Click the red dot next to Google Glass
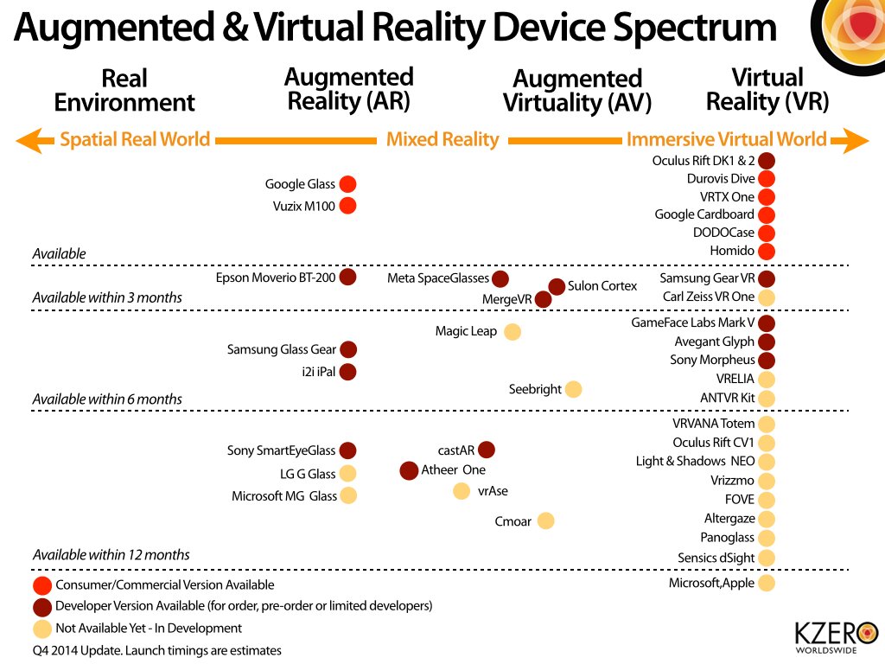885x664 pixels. [347, 184]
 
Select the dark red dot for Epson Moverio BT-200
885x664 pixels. [347, 278]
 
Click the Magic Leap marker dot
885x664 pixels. [512, 331]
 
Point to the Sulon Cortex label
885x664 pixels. [602, 286]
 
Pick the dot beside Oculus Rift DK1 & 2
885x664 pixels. [767, 161]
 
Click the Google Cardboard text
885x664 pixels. [704, 214]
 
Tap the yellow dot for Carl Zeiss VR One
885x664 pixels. [767, 297]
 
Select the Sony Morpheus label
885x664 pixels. [712, 361]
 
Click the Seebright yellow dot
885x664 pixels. [572, 389]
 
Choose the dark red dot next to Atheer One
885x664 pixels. [409, 470]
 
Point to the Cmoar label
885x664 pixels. [513, 521]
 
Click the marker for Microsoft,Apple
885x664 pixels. [767, 584]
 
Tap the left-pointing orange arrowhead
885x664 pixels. [29, 139]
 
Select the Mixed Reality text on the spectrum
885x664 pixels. [442, 139]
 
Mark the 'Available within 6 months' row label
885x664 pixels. [107, 399]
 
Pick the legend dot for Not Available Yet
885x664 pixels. [41, 629]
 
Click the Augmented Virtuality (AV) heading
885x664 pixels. [576, 91]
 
